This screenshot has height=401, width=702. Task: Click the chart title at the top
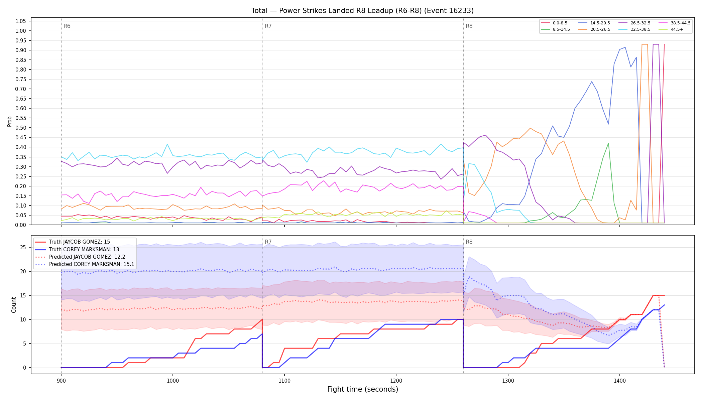[362, 11]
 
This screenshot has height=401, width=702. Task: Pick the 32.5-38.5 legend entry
[634, 29]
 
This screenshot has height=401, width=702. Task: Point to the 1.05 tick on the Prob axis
[21, 21]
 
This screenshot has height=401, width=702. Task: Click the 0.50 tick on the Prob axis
[21, 128]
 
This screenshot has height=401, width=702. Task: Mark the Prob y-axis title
[9, 121]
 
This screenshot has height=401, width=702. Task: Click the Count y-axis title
[14, 305]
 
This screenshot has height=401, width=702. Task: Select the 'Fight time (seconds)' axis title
[363, 389]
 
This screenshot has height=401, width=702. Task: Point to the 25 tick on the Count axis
[23, 248]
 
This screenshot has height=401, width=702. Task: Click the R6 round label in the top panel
[67, 26]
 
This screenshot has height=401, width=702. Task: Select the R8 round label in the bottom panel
[469, 242]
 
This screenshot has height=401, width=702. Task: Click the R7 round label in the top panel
[268, 26]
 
